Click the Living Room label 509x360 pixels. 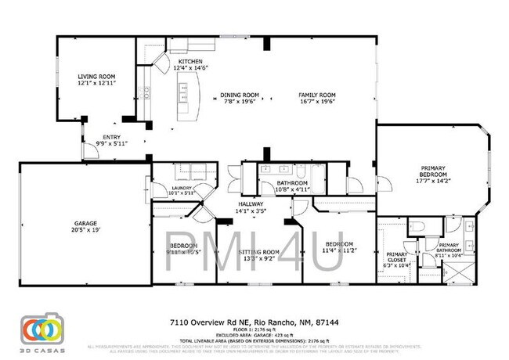[x=96, y=76]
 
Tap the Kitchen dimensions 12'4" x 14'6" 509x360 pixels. [x=190, y=68]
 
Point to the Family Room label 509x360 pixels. [x=316, y=95]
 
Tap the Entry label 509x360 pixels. [x=112, y=137]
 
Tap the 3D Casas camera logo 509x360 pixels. [x=42, y=329]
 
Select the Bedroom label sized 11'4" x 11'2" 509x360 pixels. [x=340, y=243]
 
